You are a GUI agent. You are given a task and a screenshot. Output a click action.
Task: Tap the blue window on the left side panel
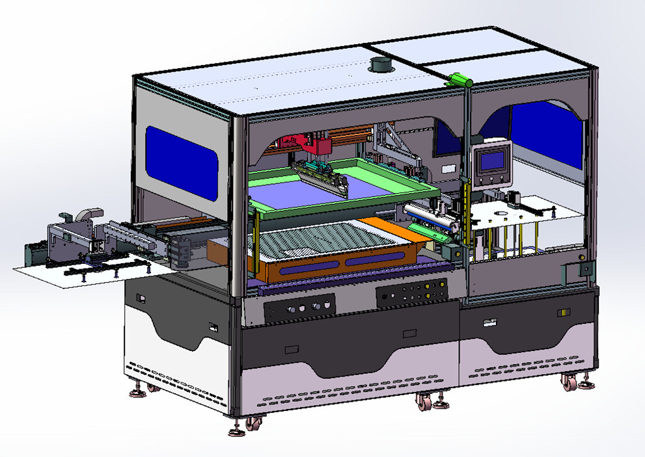pos(181,163)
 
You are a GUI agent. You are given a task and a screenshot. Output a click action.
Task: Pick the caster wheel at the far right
pos(570,384)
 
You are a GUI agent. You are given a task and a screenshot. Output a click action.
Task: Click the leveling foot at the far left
pos(139,392)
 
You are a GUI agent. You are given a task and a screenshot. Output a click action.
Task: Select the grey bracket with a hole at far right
pos(583,268)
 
